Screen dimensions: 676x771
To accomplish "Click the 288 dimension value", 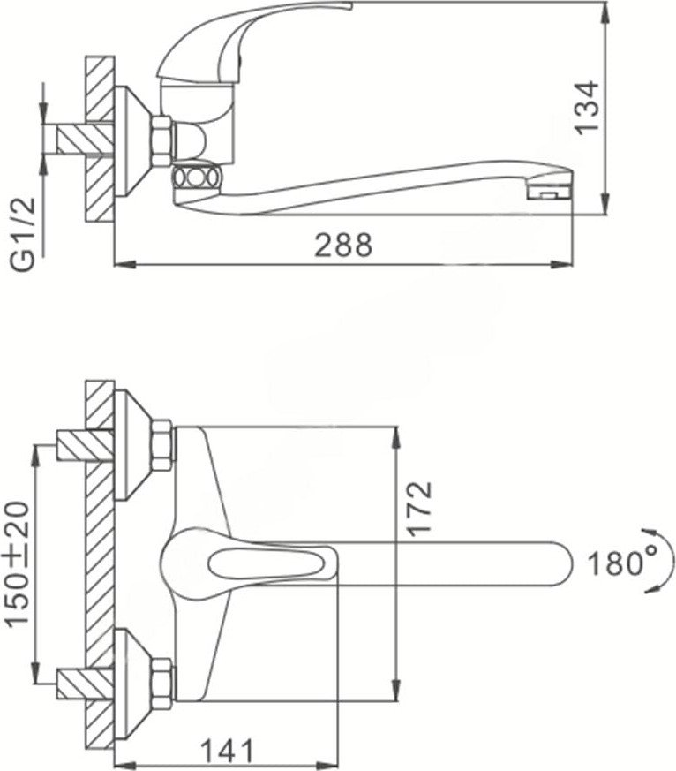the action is point(343,245).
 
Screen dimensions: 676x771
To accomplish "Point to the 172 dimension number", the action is point(420,510).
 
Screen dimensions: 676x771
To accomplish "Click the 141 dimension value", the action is point(227,751).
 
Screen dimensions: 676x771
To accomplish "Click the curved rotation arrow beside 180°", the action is point(664,561).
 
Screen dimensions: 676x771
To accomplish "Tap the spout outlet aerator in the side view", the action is point(550,192).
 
